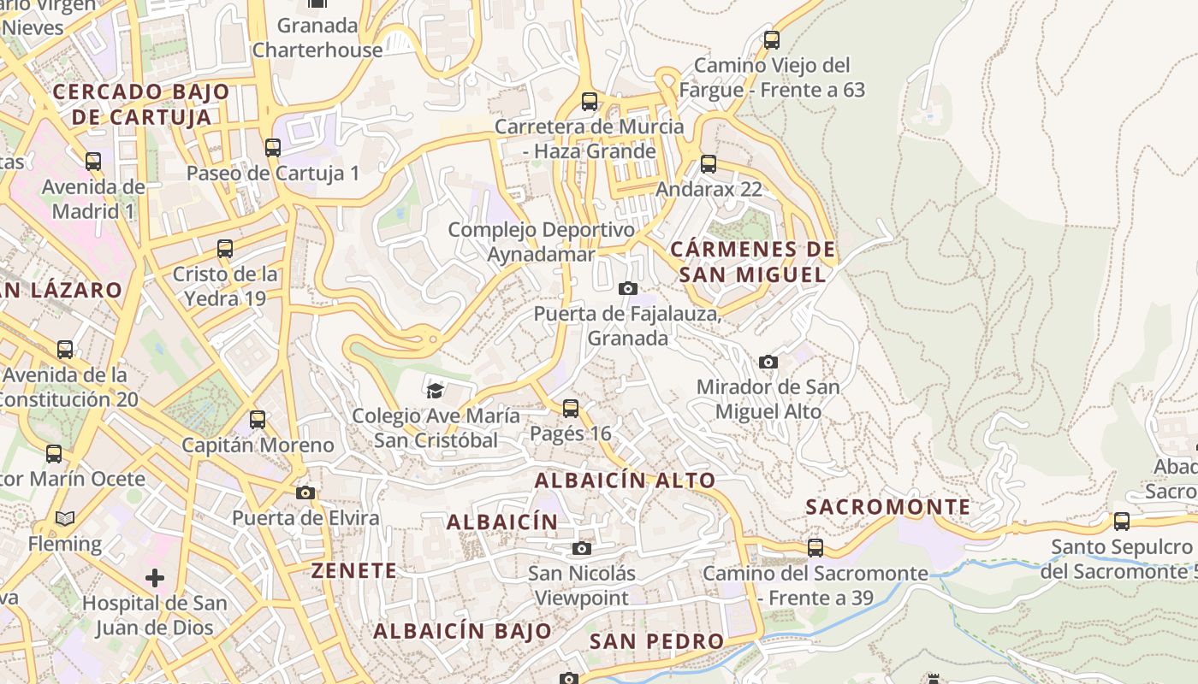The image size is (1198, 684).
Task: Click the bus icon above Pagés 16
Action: [571, 409]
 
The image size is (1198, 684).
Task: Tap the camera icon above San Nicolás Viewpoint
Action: [582, 548]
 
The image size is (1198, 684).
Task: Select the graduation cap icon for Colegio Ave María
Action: [436, 391]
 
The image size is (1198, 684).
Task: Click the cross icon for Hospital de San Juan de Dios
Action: [155, 578]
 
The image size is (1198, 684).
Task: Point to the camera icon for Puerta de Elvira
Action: [305, 492]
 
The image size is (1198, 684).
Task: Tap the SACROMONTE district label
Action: [888, 507]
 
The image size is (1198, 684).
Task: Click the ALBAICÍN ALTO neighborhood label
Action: [625, 481]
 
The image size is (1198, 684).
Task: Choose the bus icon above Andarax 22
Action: [709, 164]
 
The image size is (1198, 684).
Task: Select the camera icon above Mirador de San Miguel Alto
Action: [768, 362]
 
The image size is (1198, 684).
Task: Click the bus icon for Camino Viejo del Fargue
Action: [772, 40]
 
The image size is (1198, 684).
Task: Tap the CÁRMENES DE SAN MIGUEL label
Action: [753, 262]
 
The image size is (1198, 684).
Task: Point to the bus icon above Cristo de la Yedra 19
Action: [225, 249]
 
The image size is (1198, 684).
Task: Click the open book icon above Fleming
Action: [65, 518]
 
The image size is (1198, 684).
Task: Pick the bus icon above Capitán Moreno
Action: [258, 420]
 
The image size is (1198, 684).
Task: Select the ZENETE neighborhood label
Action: [353, 570]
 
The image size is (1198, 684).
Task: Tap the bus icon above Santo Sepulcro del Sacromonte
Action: [1122, 521]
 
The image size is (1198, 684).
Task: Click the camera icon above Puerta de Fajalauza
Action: [628, 288]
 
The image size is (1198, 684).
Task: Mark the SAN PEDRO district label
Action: [657, 641]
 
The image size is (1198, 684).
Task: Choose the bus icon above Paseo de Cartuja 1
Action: [273, 148]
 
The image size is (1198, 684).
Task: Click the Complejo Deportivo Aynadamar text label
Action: [542, 242]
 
